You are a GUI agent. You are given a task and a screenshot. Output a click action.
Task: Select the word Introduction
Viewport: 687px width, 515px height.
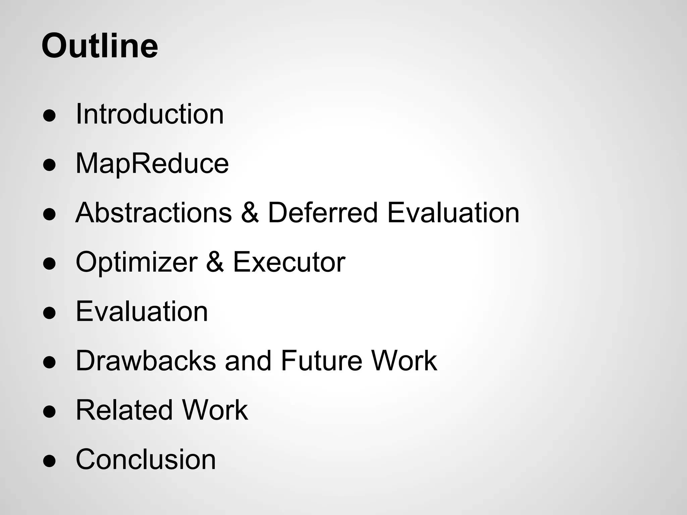(150, 114)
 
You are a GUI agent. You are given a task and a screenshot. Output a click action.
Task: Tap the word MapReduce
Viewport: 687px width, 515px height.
(152, 164)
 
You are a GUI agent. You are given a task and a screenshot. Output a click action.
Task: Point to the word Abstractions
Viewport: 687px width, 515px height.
(154, 213)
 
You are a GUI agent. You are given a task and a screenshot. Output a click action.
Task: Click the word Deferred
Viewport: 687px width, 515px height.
(323, 213)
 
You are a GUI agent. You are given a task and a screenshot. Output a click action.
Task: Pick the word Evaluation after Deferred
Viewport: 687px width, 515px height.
(453, 213)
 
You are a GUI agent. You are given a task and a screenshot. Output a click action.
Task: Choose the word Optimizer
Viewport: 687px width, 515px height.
(137, 262)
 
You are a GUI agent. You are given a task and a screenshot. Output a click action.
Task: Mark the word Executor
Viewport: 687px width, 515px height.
(289, 262)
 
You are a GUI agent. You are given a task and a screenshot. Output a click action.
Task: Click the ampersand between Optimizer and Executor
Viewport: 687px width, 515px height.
(215, 262)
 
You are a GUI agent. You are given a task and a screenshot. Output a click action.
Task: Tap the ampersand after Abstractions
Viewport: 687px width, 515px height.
(250, 213)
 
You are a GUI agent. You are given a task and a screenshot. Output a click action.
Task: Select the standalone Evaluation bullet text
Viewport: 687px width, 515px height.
(142, 311)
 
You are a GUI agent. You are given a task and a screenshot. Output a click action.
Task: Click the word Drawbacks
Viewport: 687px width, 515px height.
(146, 361)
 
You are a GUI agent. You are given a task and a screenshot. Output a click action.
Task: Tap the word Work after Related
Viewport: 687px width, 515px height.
(215, 410)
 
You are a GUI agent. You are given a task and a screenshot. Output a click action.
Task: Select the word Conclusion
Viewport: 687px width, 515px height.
(146, 459)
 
